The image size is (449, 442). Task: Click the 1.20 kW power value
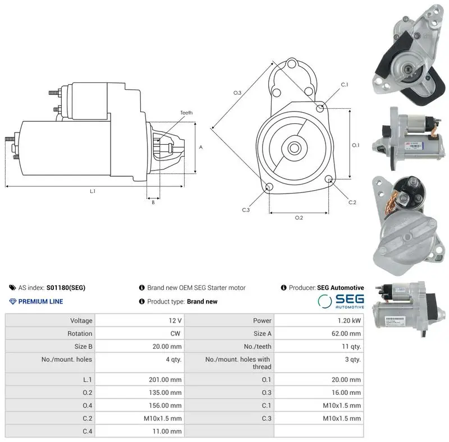click(x=349, y=321)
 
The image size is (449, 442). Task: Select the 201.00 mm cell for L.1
click(x=165, y=380)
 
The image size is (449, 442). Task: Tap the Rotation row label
click(x=80, y=334)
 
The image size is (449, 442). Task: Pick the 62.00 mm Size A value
click(x=346, y=334)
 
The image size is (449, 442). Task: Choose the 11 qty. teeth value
click(x=351, y=347)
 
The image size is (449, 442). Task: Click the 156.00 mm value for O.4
click(x=165, y=406)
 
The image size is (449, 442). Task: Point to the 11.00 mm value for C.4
click(x=167, y=431)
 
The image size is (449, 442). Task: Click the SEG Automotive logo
click(x=341, y=301)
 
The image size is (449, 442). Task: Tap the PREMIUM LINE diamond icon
click(x=13, y=301)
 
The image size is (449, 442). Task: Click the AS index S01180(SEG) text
click(x=66, y=288)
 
